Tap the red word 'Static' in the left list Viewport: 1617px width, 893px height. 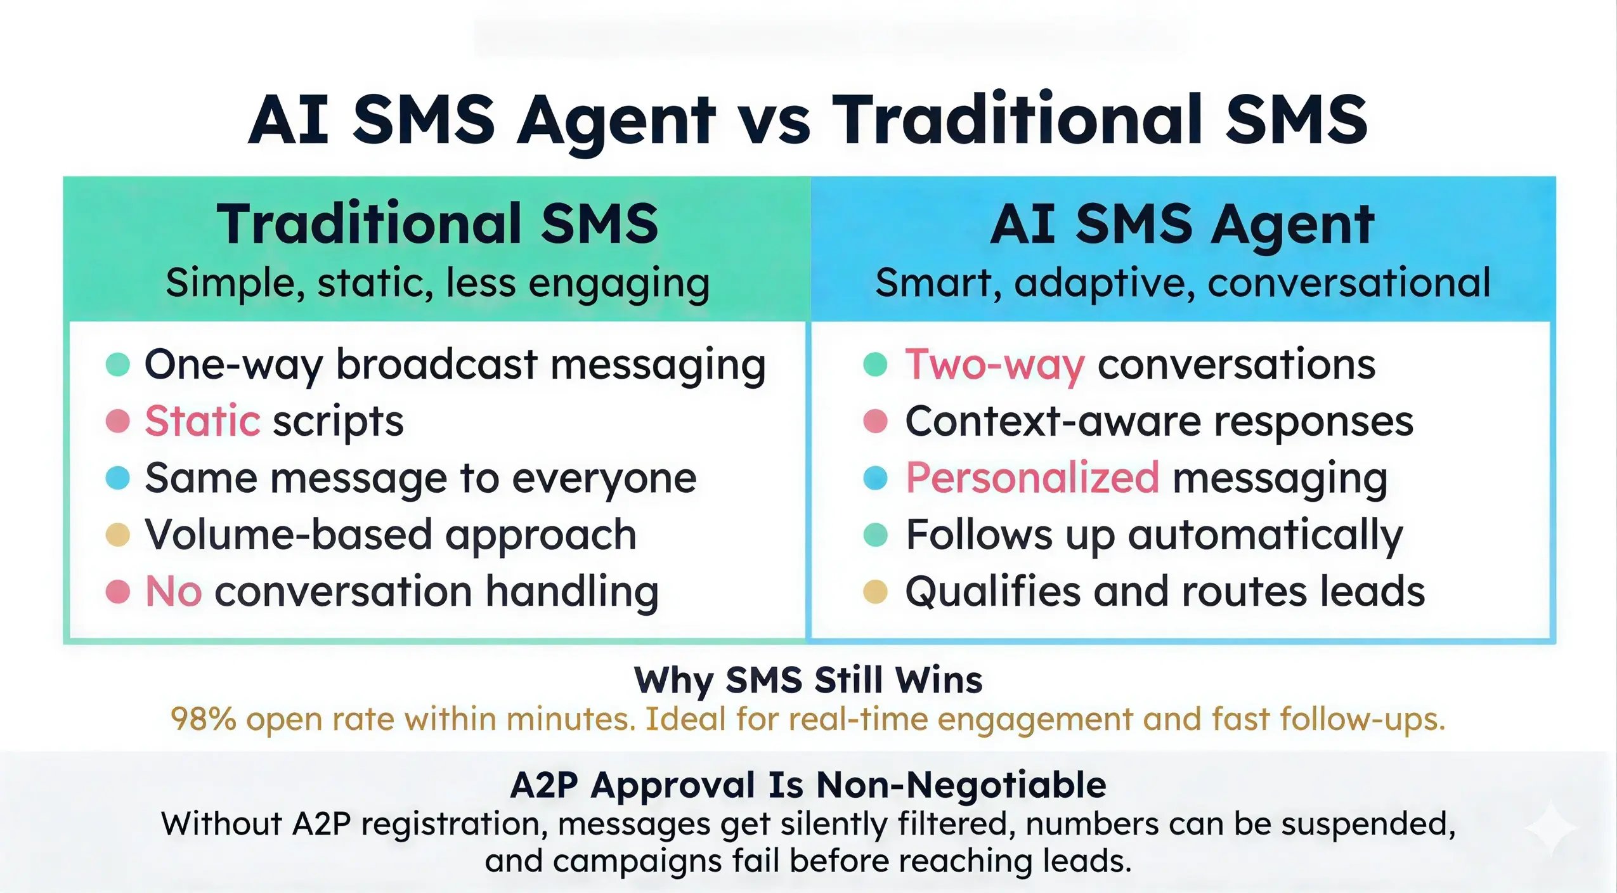pos(202,421)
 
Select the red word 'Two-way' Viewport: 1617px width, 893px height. pos(994,365)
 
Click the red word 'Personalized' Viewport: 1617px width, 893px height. pos(1032,478)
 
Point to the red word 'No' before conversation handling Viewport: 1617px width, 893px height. pos(173,592)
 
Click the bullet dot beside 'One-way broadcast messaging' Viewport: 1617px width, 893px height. pos(117,365)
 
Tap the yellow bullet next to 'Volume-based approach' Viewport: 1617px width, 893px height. pos(117,535)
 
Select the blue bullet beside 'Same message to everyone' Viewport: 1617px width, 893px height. pos(117,478)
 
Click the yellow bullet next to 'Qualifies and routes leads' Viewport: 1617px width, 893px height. pos(875,592)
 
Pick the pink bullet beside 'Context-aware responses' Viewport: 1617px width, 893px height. pos(875,421)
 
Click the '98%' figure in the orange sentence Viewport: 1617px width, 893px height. pos(203,719)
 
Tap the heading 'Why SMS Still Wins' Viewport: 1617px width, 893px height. pos(808,681)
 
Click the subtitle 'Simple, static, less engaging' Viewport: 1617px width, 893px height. pos(438,283)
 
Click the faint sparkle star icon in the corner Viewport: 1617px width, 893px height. pos(1550,828)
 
